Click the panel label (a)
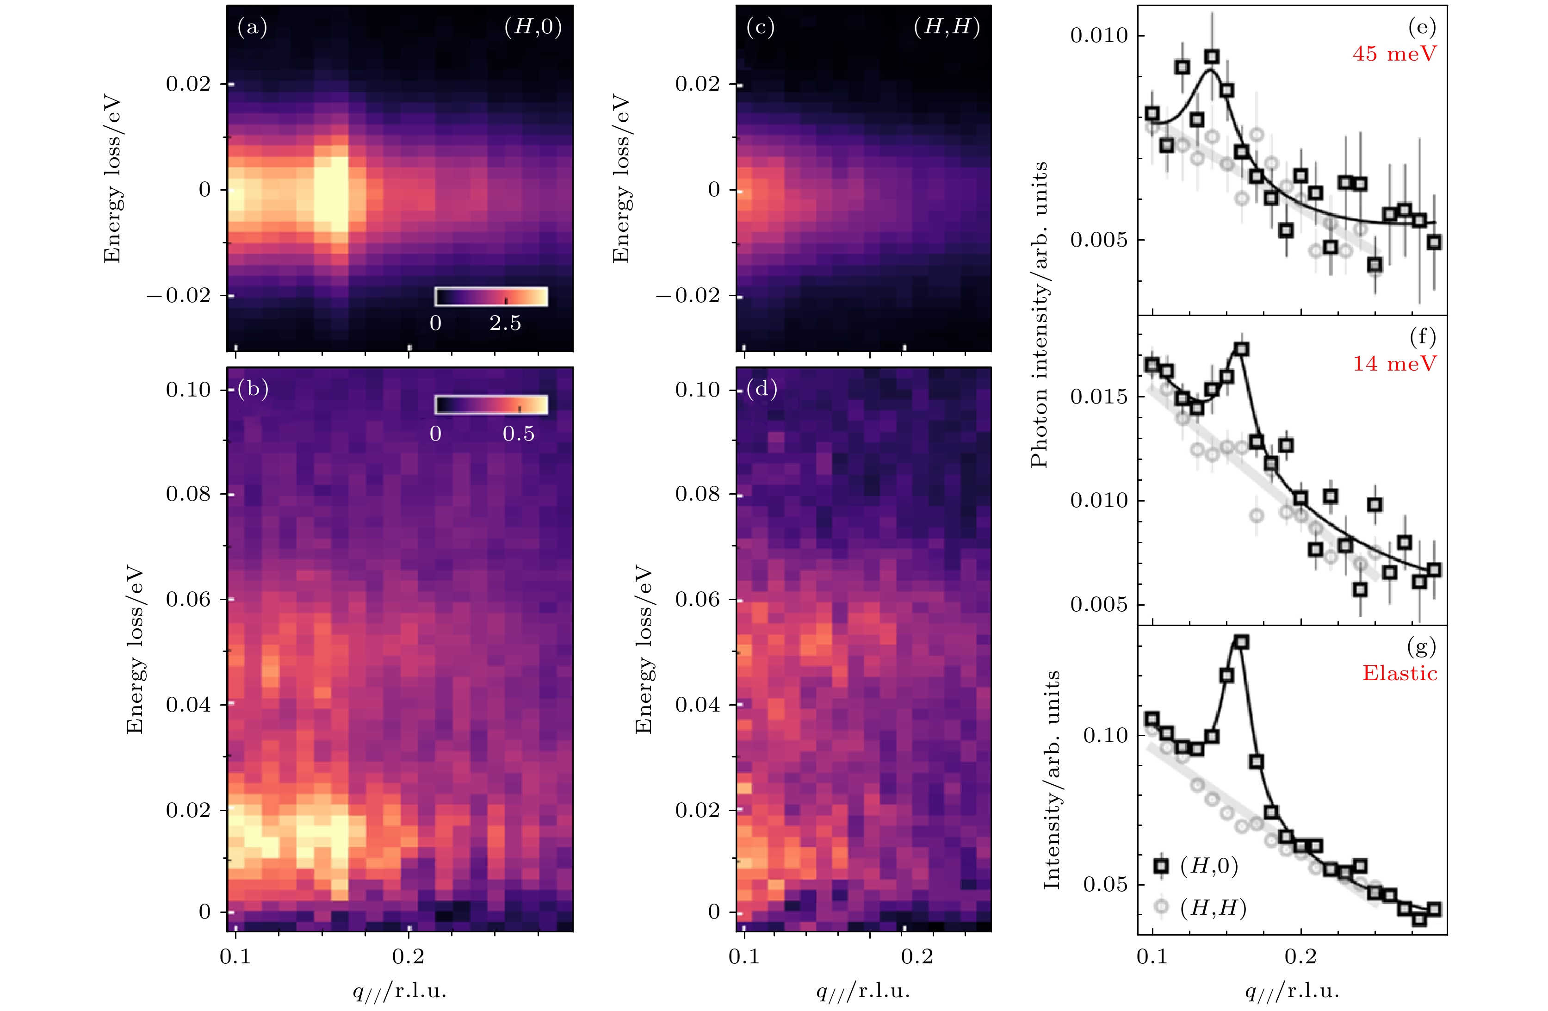pyautogui.click(x=252, y=27)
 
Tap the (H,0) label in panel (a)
pyautogui.click(x=533, y=27)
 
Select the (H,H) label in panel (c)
pyautogui.click(x=947, y=27)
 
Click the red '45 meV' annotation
pyautogui.click(x=1394, y=54)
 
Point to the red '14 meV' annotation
pyautogui.click(x=1394, y=364)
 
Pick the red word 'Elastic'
pyautogui.click(x=1399, y=673)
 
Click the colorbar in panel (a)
pyautogui.click(x=491, y=297)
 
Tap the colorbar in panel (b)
pyautogui.click(x=491, y=405)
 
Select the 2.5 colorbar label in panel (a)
pyautogui.click(x=505, y=323)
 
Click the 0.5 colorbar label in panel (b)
pyautogui.click(x=518, y=434)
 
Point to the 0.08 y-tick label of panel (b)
pyautogui.click(x=189, y=495)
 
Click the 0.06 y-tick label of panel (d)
pyautogui.click(x=698, y=599)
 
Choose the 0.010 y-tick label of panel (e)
pyautogui.click(x=1099, y=35)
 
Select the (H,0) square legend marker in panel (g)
pyautogui.click(x=1161, y=866)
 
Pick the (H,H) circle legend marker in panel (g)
pyautogui.click(x=1161, y=906)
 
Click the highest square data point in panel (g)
pyautogui.click(x=1241, y=642)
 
